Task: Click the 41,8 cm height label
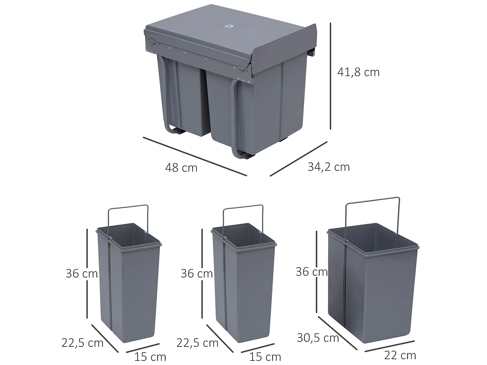pyautogui.click(x=358, y=72)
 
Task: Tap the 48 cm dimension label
pyautogui.click(x=181, y=168)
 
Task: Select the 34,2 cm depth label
pyautogui.click(x=329, y=167)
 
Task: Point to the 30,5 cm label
pyautogui.click(x=318, y=338)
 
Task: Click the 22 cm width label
pyautogui.click(x=400, y=355)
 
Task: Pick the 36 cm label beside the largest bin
pyautogui.click(x=311, y=272)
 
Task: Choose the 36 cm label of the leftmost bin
pyautogui.click(x=81, y=274)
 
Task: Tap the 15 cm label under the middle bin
pyautogui.click(x=265, y=357)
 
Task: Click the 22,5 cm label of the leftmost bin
pyautogui.click(x=82, y=343)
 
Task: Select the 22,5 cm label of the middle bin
pyautogui.click(x=197, y=343)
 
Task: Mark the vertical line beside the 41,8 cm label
pyautogui.click(x=331, y=76)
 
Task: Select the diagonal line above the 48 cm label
pyautogui.click(x=195, y=156)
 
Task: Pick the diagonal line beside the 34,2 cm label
pyautogui.click(x=298, y=159)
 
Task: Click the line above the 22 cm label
pyautogui.click(x=390, y=346)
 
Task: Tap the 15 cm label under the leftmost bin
pyautogui.click(x=150, y=357)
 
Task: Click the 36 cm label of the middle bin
pyautogui.click(x=196, y=274)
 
